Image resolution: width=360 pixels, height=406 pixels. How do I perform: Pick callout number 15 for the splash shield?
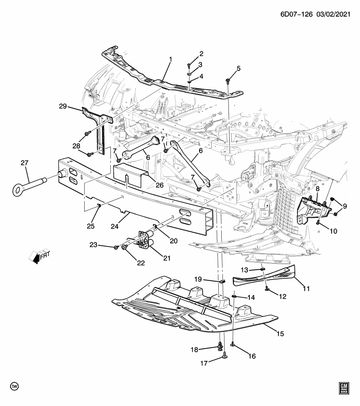tap(280, 334)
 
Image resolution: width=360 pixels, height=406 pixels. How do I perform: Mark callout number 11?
tap(306, 289)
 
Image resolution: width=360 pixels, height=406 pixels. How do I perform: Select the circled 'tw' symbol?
tap(15, 387)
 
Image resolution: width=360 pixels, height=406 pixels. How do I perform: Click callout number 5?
tap(238, 69)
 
